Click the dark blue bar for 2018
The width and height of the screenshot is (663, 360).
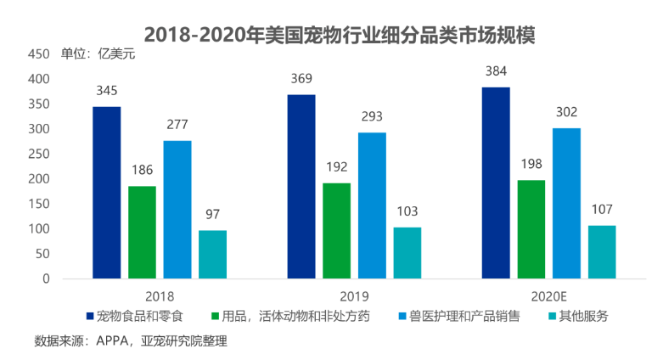tap(107, 193)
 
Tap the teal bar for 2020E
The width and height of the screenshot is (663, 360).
tap(602, 252)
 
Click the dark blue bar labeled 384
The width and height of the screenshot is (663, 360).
tap(497, 183)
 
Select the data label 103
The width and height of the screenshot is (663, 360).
tap(407, 211)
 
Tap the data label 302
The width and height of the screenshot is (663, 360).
tap(567, 111)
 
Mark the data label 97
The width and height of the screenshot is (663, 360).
tap(213, 214)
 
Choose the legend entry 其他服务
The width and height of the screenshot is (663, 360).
tap(578, 316)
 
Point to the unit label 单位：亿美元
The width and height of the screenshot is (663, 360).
tap(98, 54)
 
